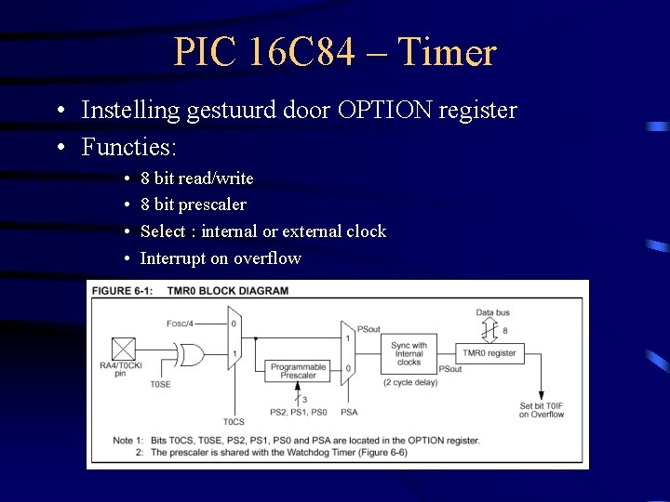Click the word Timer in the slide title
(x=447, y=52)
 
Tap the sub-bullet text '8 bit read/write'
(x=196, y=178)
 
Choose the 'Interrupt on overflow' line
(x=221, y=258)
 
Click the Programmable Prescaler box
(x=298, y=371)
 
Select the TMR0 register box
(x=489, y=353)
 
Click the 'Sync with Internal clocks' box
(x=409, y=353)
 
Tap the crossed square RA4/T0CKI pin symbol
(x=123, y=349)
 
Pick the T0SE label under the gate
(x=160, y=384)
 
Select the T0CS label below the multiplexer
(x=234, y=421)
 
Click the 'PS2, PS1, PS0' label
(x=298, y=412)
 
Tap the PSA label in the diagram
(x=349, y=412)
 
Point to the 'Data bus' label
(x=492, y=312)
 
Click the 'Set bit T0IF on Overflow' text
(x=542, y=409)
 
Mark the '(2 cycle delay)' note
(x=409, y=382)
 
